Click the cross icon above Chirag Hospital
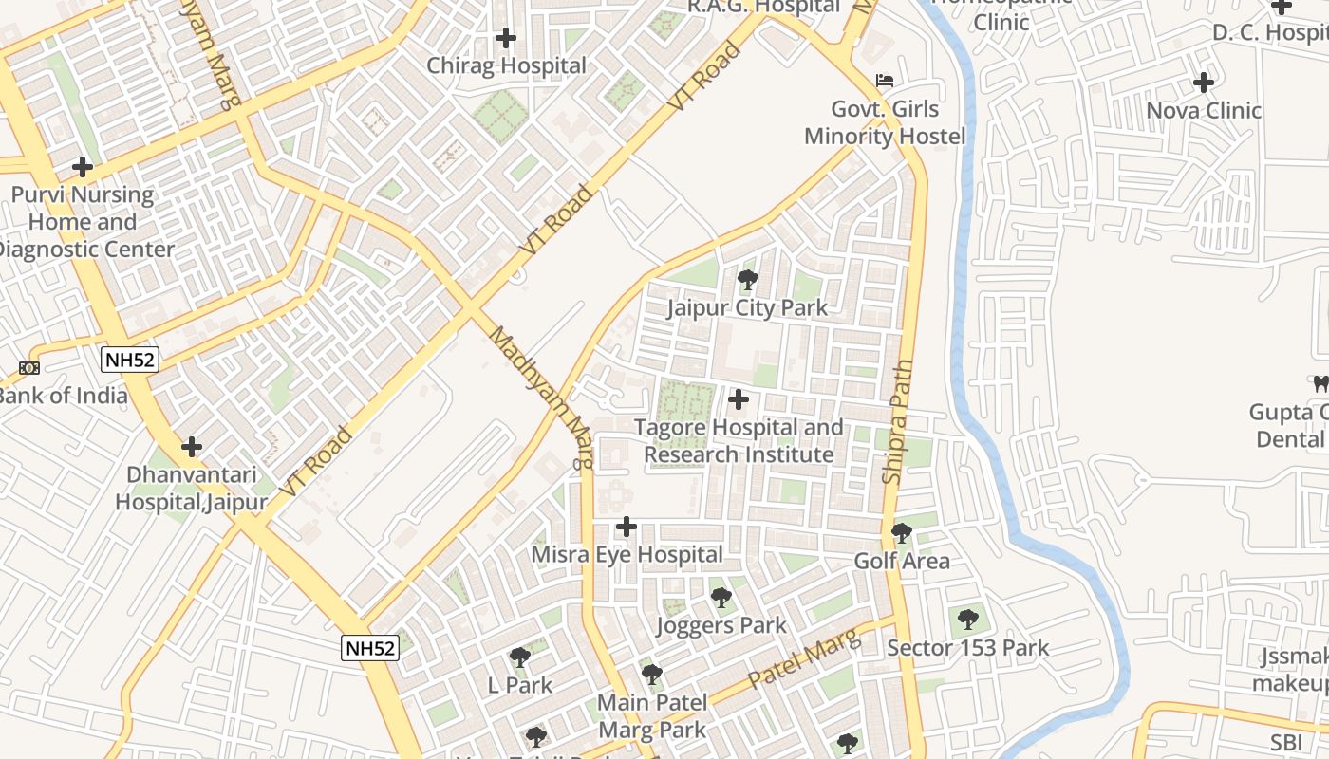click(506, 38)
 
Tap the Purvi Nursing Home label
click(83, 222)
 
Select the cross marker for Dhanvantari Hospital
click(192, 446)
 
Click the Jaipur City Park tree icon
click(748, 280)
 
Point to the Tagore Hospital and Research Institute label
click(739, 441)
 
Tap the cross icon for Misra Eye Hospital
click(626, 526)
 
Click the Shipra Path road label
click(898, 422)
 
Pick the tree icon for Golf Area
click(902, 532)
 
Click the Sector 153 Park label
click(967, 648)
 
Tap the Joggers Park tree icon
click(721, 598)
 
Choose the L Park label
click(519, 685)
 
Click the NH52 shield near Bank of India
click(130, 360)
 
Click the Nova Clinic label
click(1204, 111)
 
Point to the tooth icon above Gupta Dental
click(1320, 384)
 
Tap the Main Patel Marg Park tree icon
click(651, 675)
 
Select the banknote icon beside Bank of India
click(29, 368)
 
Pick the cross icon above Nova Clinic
click(1204, 82)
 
